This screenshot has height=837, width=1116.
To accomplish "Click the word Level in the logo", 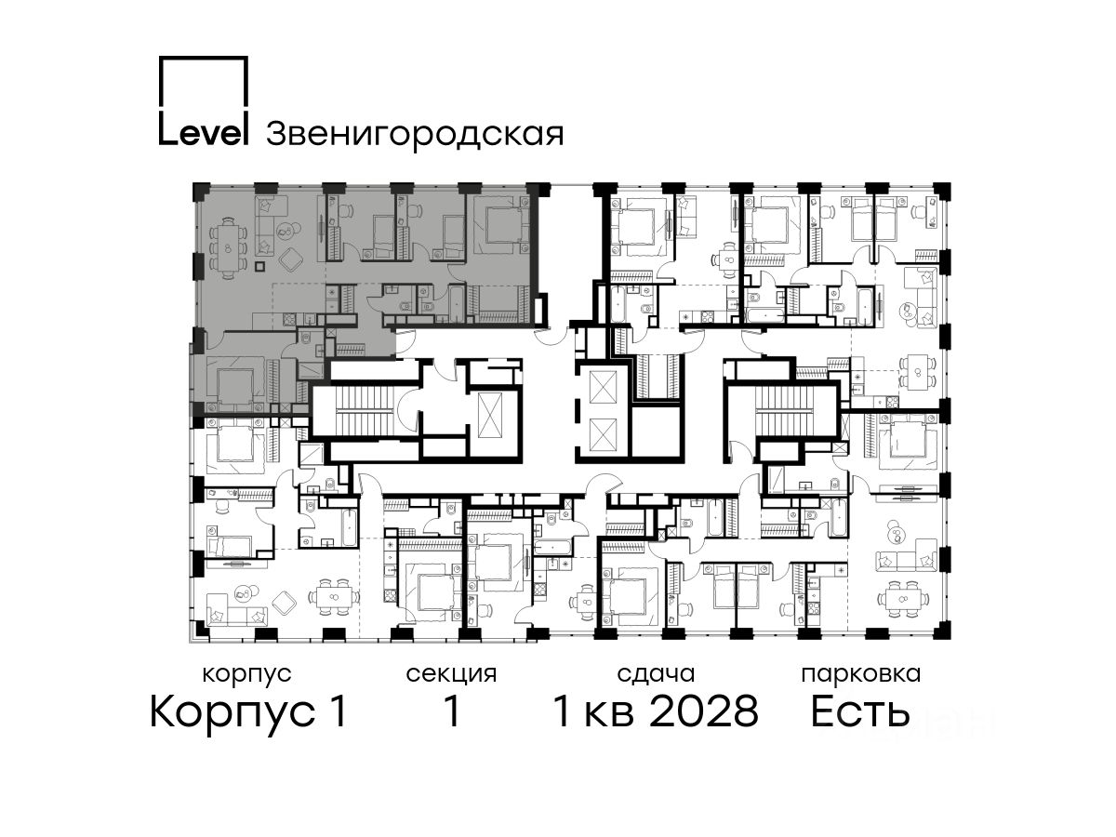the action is [x=204, y=134].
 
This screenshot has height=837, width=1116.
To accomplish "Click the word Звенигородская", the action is [x=415, y=135].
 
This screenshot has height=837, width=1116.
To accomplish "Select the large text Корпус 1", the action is [x=248, y=712].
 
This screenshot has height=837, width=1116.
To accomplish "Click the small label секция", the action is [x=451, y=675].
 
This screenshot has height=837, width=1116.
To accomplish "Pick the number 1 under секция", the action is [x=451, y=711].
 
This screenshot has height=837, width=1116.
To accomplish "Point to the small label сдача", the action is [x=656, y=674].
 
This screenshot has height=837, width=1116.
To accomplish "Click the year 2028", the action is [x=704, y=711].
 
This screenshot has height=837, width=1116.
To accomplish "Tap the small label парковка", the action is [x=861, y=675].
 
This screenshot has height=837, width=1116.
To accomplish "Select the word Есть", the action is [x=859, y=711].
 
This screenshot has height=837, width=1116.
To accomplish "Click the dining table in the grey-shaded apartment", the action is [x=227, y=248].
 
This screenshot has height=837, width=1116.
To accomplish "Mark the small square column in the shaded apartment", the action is [x=259, y=265].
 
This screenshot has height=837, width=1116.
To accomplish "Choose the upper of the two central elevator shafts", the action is [x=602, y=387].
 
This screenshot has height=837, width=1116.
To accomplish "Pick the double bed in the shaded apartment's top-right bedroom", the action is [x=502, y=225].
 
